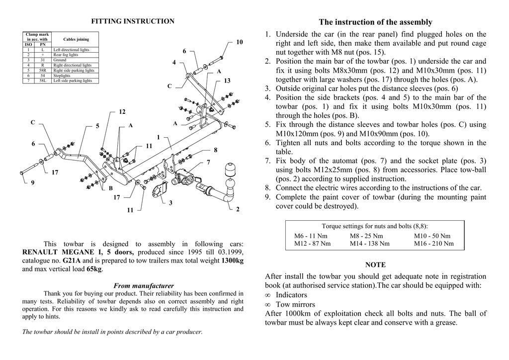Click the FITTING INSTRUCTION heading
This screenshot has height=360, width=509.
pyautogui.click(x=132, y=21)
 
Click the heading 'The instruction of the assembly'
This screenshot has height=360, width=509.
pyautogui.click(x=375, y=22)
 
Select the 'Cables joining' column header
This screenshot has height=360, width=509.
pyautogui.click(x=76, y=39)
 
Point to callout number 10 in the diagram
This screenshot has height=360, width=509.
pyautogui.click(x=240, y=42)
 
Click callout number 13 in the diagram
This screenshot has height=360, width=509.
pyautogui.click(x=227, y=81)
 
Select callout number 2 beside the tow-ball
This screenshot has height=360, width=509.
pyautogui.click(x=238, y=209)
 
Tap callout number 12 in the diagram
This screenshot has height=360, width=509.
pyautogui.click(x=122, y=112)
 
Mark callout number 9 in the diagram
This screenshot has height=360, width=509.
pyautogui.click(x=33, y=182)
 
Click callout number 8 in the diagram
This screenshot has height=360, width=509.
pyautogui.click(x=216, y=150)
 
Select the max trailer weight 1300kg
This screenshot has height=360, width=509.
pyautogui.click(x=232, y=261)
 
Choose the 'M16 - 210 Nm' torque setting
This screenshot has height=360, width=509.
pyautogui.click(x=433, y=244)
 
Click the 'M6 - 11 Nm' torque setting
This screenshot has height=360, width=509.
pyautogui.click(x=311, y=236)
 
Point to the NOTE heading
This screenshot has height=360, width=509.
pyautogui.click(x=375, y=265)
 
